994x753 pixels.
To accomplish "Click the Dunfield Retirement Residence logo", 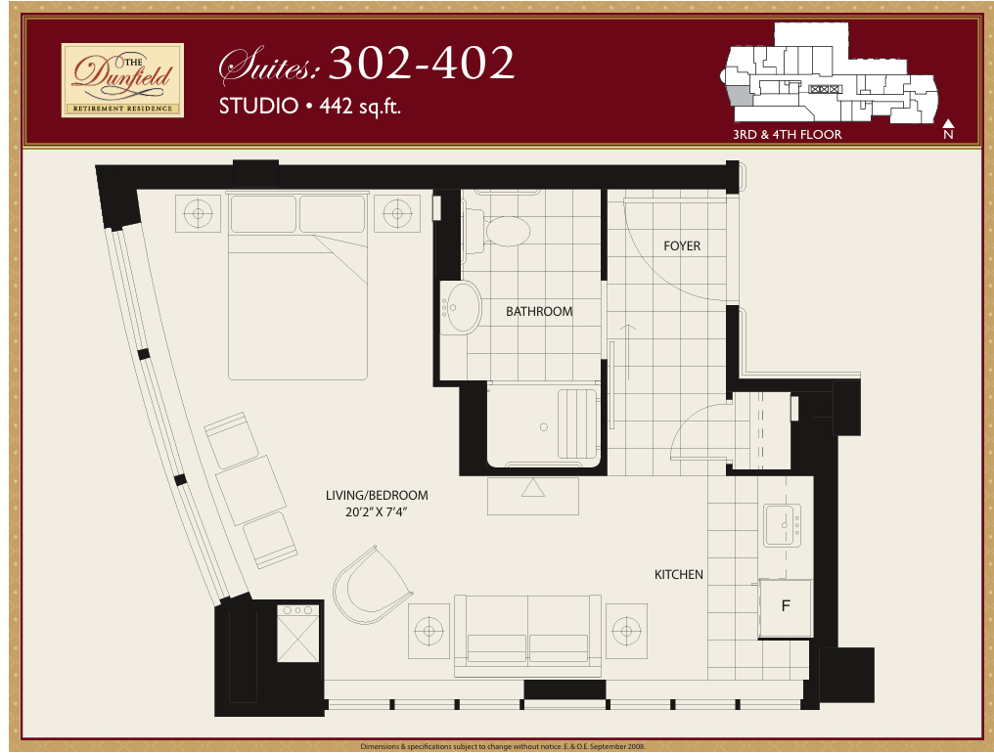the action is [122, 80].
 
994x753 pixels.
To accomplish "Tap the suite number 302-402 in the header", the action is [422, 63].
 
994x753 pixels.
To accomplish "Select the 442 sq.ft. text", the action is [360, 106].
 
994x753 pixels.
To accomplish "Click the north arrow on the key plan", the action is [948, 123].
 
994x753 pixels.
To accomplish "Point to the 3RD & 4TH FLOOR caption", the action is [788, 134].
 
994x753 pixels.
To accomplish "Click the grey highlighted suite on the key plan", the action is [740, 96].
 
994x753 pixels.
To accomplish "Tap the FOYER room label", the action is [682, 245].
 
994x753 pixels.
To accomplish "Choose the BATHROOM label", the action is [539, 311].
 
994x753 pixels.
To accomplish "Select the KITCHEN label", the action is [678, 574].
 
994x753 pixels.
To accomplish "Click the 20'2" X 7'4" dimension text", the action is [376, 511].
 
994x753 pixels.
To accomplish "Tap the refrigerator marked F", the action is [786, 608].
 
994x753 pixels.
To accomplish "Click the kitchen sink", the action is [783, 525].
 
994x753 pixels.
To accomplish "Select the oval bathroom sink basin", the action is [464, 307].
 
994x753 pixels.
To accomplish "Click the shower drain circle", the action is [543, 427].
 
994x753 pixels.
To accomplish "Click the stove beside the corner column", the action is [298, 634].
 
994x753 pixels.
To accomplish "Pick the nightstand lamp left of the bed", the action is [199, 213].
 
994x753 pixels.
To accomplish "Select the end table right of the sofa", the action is [626, 631].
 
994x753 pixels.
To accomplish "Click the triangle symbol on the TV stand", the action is [532, 488].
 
